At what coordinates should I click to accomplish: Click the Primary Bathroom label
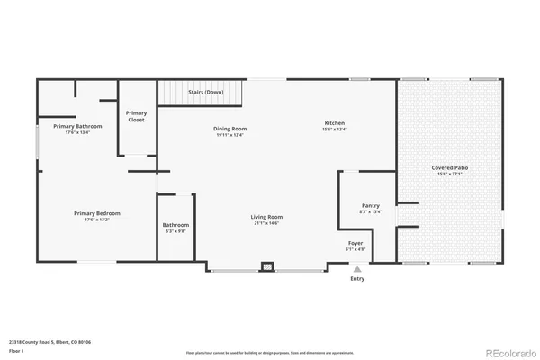pyautogui.click(x=77, y=126)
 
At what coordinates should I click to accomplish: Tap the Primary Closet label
pyautogui.click(x=137, y=116)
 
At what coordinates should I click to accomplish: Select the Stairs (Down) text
pyautogui.click(x=206, y=92)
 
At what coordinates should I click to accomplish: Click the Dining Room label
pyautogui.click(x=230, y=129)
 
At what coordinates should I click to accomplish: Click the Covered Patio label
pyautogui.click(x=449, y=167)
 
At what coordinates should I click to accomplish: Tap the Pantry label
pyautogui.click(x=371, y=205)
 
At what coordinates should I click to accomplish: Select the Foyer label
pyautogui.click(x=355, y=243)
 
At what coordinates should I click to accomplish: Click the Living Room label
pyautogui.click(x=266, y=217)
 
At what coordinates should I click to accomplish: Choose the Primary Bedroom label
pyautogui.click(x=97, y=213)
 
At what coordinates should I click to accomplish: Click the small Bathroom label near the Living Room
pyautogui.click(x=175, y=225)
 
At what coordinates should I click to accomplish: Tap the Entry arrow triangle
pyautogui.click(x=357, y=268)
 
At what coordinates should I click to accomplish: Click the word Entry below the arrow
pyautogui.click(x=357, y=278)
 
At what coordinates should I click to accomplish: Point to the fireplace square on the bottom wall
pyautogui.click(x=267, y=266)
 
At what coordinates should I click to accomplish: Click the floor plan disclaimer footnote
pyautogui.click(x=269, y=352)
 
